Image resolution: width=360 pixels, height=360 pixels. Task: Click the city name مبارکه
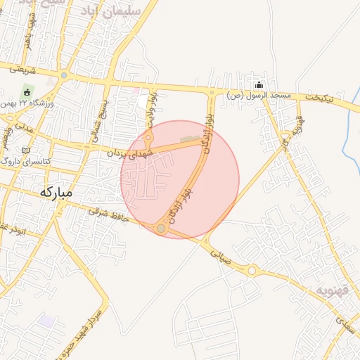pyautogui.click(x=58, y=192)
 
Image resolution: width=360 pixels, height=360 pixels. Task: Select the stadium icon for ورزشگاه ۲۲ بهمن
pyautogui.click(x=27, y=91)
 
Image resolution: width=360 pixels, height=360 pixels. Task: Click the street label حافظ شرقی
pyautogui.click(x=109, y=217)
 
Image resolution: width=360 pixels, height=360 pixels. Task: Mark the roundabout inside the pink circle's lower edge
pyautogui.click(x=161, y=228)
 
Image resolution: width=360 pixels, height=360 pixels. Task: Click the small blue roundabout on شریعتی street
pyautogui.click(x=64, y=75)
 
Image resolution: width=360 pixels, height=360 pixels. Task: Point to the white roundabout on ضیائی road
pyautogui.click(x=252, y=271)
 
